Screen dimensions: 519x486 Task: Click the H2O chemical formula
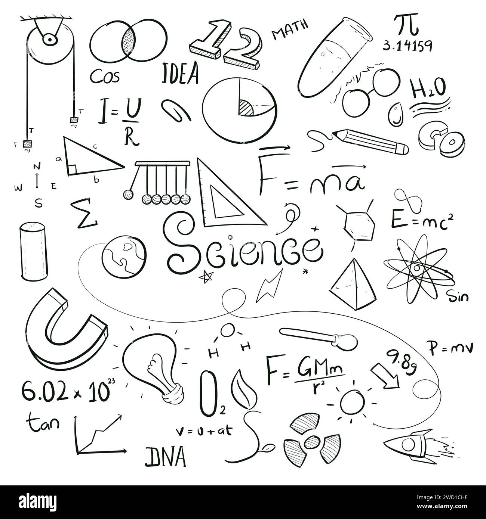pyautogui.click(x=428, y=89)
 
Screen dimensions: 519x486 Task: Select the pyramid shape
pyautogui.click(x=353, y=286)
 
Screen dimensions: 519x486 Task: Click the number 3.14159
pyautogui.click(x=407, y=46)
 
